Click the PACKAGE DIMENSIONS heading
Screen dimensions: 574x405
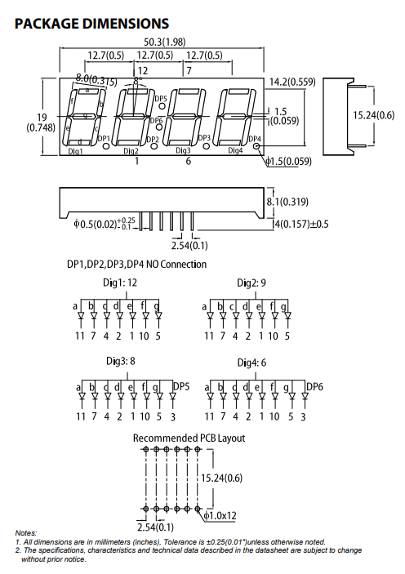tap(92, 24)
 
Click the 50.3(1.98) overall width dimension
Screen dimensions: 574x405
tap(165, 42)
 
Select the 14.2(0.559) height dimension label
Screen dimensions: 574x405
tap(292, 82)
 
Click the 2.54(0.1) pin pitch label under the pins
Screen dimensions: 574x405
tap(189, 245)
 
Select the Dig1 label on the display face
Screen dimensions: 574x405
tap(76, 151)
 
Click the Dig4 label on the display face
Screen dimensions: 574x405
tap(235, 151)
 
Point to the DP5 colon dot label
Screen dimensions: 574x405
tap(160, 99)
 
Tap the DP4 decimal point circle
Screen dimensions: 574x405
tap(256, 148)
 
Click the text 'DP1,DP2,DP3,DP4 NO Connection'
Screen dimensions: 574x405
tap(136, 265)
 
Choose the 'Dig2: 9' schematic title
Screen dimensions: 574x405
tap(252, 283)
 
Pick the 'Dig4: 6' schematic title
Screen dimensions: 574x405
tap(253, 362)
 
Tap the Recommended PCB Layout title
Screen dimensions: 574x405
tap(189, 438)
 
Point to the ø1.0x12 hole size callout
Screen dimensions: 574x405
tap(221, 516)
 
